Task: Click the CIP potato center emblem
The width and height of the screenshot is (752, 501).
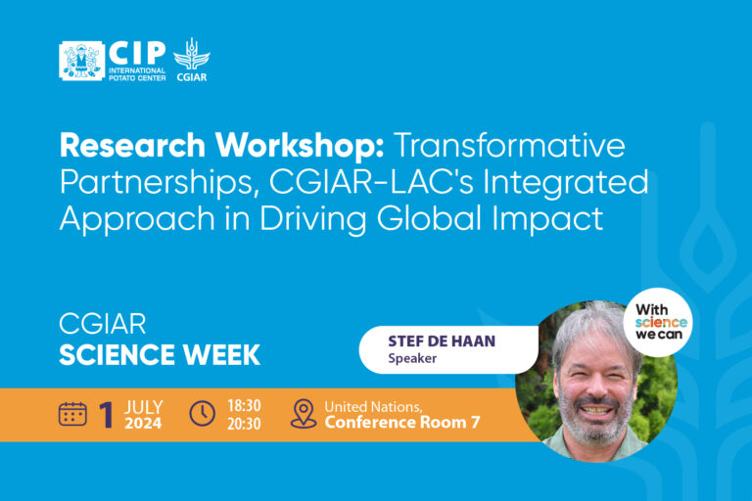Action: [80, 60]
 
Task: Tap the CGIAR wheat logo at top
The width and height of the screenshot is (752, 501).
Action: [191, 59]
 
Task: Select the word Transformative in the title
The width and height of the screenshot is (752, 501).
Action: [509, 147]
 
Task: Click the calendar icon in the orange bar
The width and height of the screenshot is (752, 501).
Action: [72, 414]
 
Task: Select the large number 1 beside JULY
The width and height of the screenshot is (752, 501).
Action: [107, 415]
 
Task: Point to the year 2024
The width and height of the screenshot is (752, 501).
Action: [143, 424]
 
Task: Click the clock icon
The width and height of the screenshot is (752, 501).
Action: [202, 414]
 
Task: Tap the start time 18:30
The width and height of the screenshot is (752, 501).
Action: [245, 405]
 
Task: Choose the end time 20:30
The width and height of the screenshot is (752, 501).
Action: [245, 423]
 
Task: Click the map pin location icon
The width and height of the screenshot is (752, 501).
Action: [304, 414]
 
